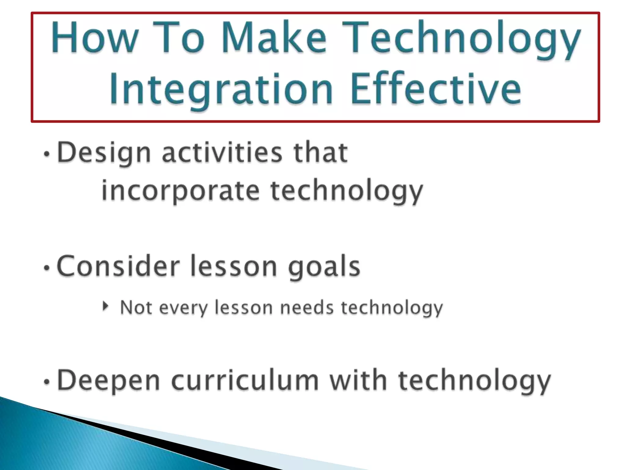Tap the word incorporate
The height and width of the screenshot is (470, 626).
click(x=180, y=191)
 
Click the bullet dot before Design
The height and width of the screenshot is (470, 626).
click(x=46, y=154)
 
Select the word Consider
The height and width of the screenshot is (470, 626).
click(x=118, y=266)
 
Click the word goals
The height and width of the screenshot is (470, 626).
click(x=324, y=267)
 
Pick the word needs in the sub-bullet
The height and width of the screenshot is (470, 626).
click(x=307, y=308)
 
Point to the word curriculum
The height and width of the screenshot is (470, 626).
click(x=245, y=381)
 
